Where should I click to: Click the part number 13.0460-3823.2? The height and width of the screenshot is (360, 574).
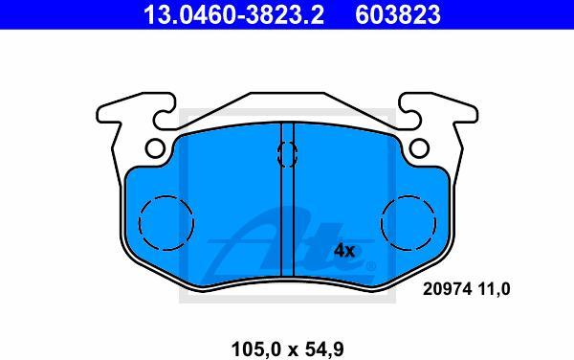[233, 14]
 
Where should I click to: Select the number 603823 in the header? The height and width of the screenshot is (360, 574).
[398, 14]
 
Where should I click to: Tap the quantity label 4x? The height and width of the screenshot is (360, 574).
[344, 251]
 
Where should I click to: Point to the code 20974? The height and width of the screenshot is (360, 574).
[447, 289]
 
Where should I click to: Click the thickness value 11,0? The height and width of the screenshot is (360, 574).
[494, 289]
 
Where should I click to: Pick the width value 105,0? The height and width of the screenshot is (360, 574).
[257, 349]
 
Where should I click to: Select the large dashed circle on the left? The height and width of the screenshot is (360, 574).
[139, 223]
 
